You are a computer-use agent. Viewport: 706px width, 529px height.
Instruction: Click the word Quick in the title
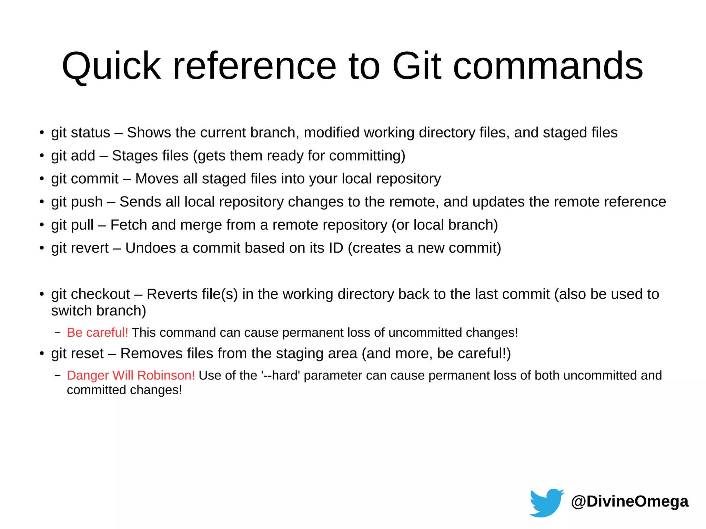pos(111,66)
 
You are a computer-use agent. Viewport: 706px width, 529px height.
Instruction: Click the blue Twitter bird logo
pos(546,502)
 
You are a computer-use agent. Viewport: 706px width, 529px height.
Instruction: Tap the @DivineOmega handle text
pos(629,501)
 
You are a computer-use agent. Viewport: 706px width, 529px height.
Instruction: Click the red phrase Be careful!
pos(97,333)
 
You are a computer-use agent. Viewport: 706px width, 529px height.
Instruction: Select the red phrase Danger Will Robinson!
pos(131,375)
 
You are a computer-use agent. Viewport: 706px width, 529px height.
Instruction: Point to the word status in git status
pos(90,133)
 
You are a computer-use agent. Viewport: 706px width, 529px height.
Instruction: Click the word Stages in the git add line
pos(133,156)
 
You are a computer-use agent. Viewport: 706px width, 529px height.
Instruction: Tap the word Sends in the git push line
pos(140,202)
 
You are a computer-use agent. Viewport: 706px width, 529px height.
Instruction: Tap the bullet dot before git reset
pos(42,354)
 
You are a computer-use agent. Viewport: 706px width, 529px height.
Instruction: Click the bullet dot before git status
pos(42,133)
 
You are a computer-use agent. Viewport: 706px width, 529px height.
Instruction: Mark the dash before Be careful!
pos(58,333)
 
